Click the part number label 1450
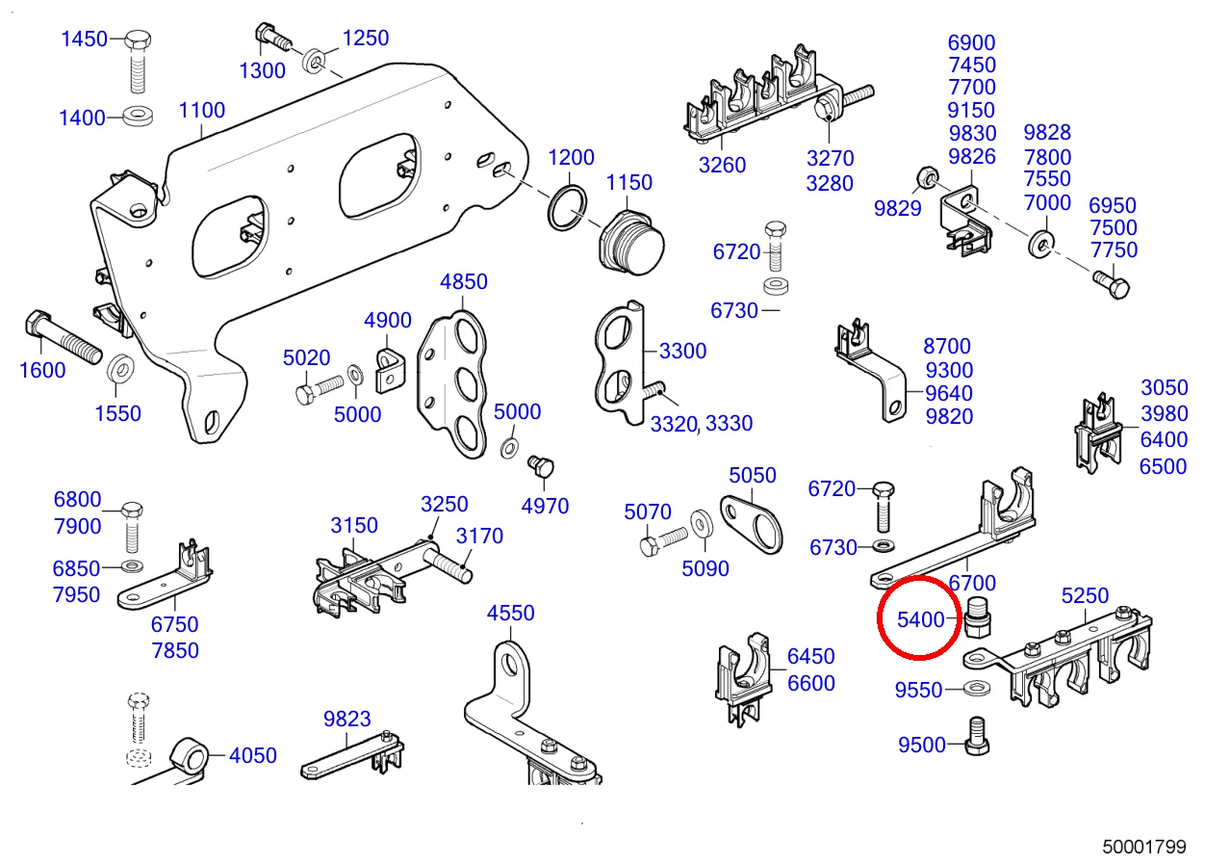click(85, 39)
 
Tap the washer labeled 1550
click(119, 368)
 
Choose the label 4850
click(463, 282)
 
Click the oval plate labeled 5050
click(753, 521)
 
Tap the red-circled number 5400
click(921, 619)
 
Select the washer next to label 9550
click(979, 690)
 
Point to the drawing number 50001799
click(1144, 847)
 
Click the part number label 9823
click(346, 719)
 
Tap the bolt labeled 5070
click(664, 540)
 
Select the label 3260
click(722, 165)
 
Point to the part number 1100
click(202, 110)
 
